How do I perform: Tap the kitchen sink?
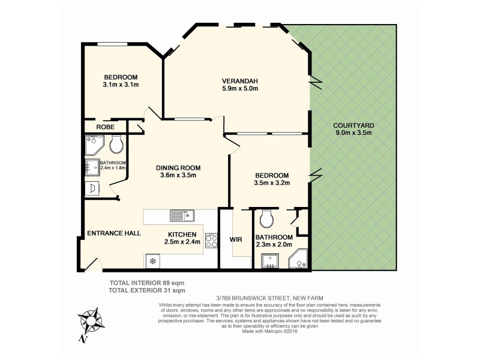pyautogui.click(x=181, y=214)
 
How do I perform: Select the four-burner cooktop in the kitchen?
pyautogui.click(x=212, y=241)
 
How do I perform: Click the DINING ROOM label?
pyautogui.click(x=178, y=167)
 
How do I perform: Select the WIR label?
pyautogui.click(x=236, y=239)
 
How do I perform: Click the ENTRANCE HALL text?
pyautogui.click(x=114, y=233)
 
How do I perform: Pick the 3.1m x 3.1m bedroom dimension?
pyautogui.click(x=121, y=85)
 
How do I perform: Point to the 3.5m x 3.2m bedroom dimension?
pyautogui.click(x=272, y=184)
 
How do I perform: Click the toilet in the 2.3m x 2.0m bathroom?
pyautogui.click(x=267, y=215)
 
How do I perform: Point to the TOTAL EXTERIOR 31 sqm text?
pyautogui.click(x=148, y=290)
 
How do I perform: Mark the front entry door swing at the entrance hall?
pyautogui.click(x=92, y=263)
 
